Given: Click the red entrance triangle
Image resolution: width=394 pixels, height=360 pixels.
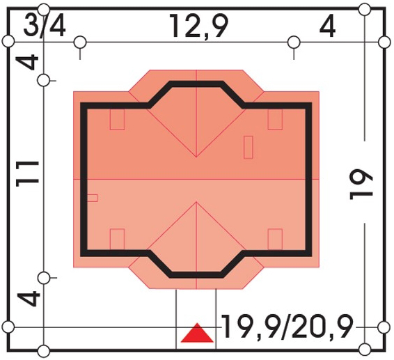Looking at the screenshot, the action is [x=197, y=333].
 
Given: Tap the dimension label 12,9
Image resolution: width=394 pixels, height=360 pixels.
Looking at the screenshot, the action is [x=199, y=26].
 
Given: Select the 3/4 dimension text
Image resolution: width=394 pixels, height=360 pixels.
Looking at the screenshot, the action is [x=45, y=26].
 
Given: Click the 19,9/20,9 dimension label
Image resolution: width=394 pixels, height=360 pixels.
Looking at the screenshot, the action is [x=287, y=327].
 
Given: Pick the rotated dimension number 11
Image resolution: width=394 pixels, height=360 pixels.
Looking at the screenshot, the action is [x=27, y=174].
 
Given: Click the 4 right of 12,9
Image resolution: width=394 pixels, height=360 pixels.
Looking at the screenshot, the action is [x=327, y=26].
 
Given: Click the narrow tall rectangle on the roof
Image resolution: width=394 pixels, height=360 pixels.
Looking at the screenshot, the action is [x=249, y=148].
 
